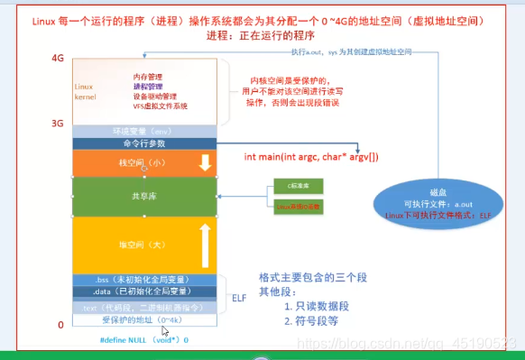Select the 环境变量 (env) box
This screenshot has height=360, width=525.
[x=143, y=131]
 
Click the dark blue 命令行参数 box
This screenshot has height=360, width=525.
[x=143, y=143]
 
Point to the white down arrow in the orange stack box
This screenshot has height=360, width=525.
[x=204, y=163]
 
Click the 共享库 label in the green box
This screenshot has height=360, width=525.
[x=143, y=196]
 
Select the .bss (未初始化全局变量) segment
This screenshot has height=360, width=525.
[x=143, y=280]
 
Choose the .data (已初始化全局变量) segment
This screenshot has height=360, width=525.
[x=143, y=292]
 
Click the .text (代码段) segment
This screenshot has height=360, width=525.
[x=143, y=307]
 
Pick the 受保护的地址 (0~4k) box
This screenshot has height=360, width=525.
[x=143, y=319]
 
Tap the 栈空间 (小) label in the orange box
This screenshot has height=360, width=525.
[x=143, y=163]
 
